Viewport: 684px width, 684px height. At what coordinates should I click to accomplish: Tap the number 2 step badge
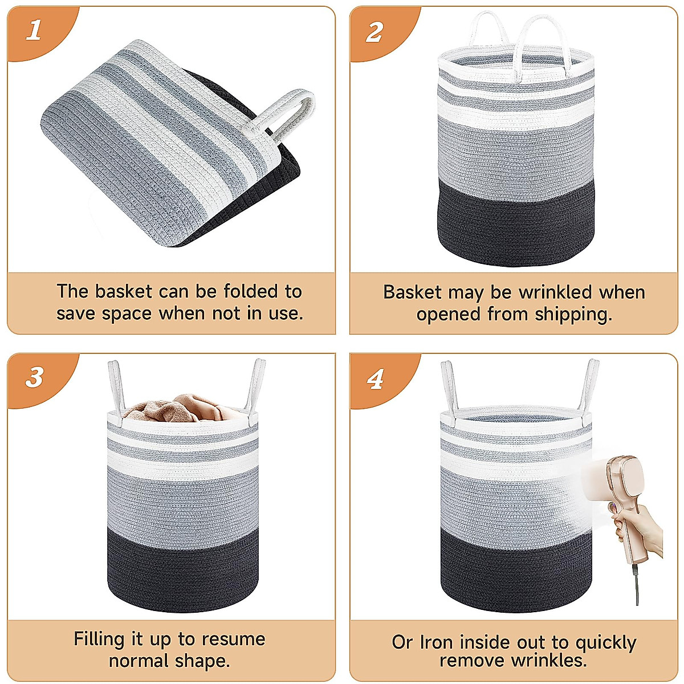pyautogui.click(x=374, y=32)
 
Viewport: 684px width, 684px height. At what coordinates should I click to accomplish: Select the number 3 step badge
pyautogui.click(x=34, y=377)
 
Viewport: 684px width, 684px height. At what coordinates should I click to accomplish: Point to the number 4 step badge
pyautogui.click(x=375, y=380)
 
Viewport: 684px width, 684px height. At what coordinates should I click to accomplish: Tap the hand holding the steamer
pyautogui.click(x=641, y=530)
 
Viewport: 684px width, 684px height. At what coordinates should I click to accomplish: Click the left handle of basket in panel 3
pyautogui.click(x=115, y=388)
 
